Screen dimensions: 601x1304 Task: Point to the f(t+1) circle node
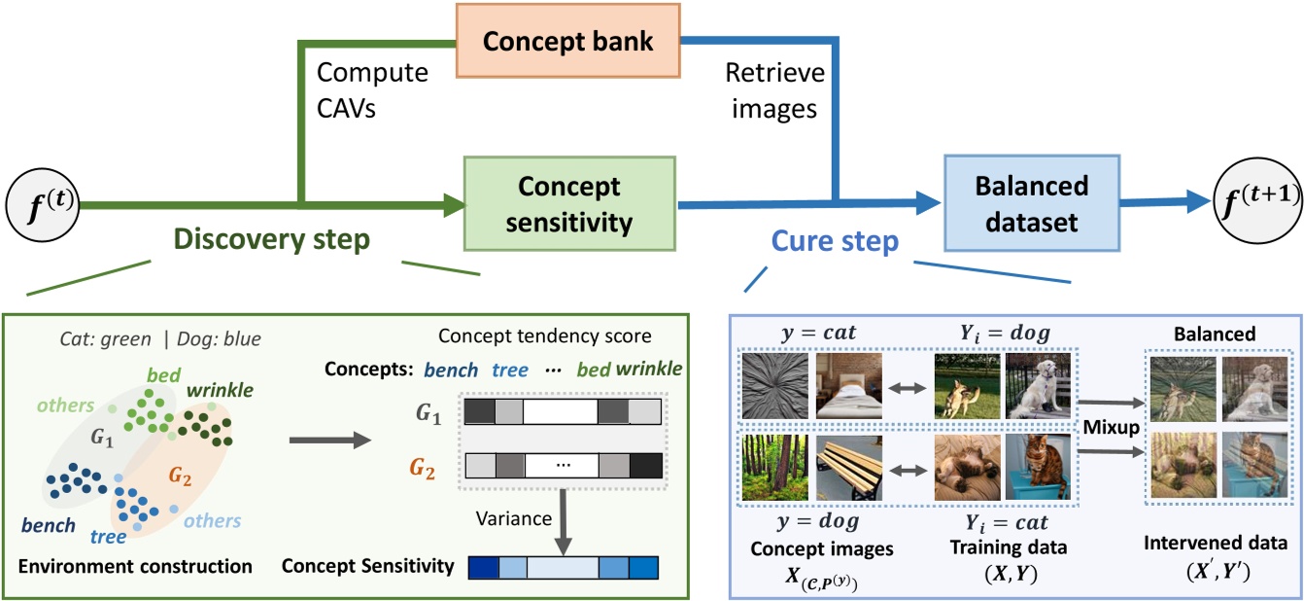click(1253, 203)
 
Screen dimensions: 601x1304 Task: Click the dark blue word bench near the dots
click(49, 526)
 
